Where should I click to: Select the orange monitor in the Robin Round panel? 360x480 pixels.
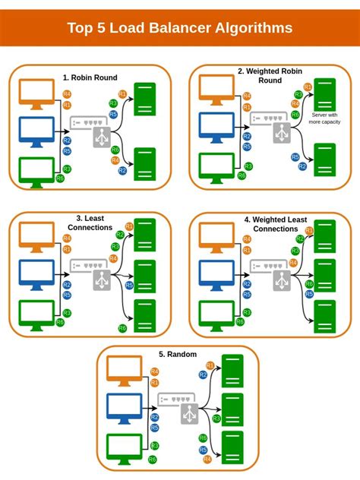[36, 93]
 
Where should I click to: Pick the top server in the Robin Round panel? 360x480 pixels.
[144, 99]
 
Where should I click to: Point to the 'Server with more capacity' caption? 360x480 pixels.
[324, 118]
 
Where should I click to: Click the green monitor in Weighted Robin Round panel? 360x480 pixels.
[216, 166]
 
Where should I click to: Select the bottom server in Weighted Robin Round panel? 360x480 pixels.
[324, 159]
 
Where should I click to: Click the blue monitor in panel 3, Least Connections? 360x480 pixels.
[36, 274]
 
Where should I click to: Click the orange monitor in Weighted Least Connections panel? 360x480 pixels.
[216, 236]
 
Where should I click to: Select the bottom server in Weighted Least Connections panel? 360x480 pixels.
[324, 316]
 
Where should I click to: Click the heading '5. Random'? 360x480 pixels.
[178, 354]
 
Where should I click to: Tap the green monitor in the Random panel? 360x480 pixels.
[125, 447]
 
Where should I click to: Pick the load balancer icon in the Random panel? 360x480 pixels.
[189, 414]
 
